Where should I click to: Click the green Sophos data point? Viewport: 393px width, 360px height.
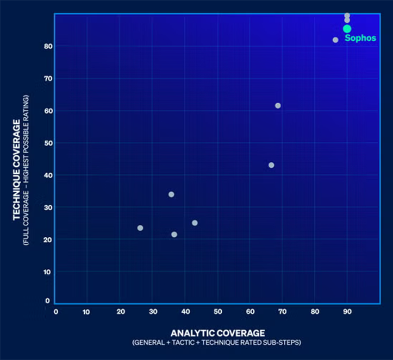coord(347,29)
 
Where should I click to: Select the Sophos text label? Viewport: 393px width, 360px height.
coord(360,39)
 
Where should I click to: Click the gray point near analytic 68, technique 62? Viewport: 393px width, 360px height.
coord(278,105)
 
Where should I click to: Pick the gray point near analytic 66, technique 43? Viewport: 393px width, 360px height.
coord(271,165)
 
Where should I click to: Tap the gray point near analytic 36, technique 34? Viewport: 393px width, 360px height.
coord(171,194)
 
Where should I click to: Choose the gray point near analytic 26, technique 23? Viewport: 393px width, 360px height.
coord(140,228)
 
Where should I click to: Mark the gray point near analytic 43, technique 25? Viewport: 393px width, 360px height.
coord(195,223)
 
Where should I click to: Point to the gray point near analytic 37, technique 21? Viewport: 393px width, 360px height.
coord(174,235)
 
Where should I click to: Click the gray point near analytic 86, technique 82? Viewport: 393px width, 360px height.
coord(335,40)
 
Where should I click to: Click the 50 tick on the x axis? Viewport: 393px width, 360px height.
coord(217,312)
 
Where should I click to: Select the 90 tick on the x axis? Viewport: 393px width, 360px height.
coord(347,312)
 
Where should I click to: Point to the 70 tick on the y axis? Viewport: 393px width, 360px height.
coord(48,79)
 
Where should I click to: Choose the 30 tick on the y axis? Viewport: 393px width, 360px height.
coord(48,207)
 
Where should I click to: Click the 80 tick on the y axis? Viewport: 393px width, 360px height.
coord(48,47)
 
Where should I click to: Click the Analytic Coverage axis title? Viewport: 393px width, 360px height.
coord(217,333)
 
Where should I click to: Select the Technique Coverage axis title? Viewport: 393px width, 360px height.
coord(17,170)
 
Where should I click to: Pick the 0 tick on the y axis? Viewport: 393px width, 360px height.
coord(47,300)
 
